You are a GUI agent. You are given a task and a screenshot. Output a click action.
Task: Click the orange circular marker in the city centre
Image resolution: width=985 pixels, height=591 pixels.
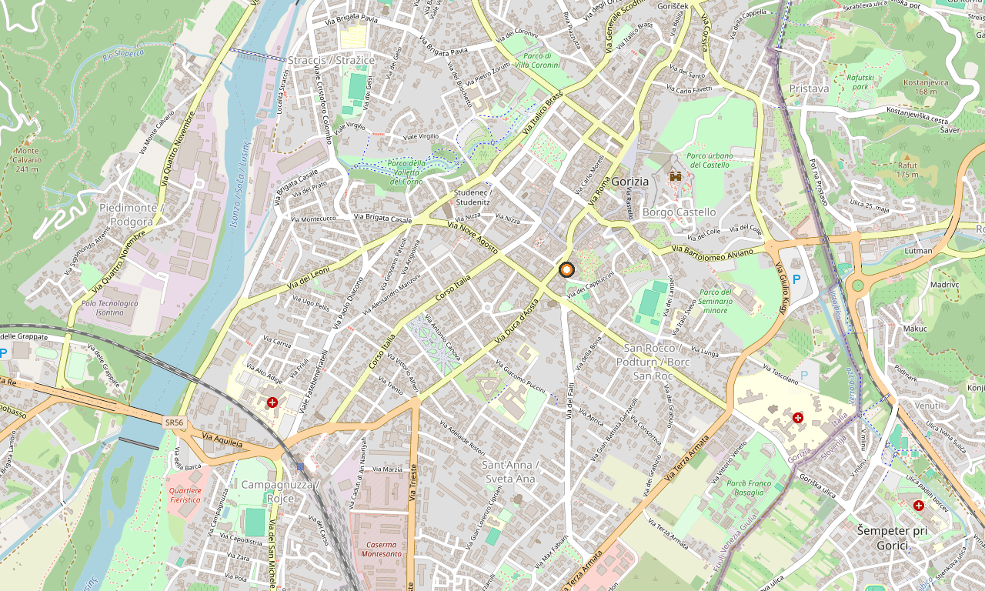coord(566,269)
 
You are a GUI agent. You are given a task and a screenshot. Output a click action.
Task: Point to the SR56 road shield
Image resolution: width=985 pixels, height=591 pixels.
coord(174,422)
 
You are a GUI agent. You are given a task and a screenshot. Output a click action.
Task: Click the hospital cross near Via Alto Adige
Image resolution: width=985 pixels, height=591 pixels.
coord(272,402)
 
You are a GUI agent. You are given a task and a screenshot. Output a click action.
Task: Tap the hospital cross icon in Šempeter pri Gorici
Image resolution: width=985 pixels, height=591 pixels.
coord(918,506)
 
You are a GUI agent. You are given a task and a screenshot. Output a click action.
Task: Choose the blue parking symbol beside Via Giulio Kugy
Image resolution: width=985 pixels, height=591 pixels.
coord(796,279)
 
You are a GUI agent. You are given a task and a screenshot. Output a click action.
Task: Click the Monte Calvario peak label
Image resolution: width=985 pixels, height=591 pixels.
coord(26,159)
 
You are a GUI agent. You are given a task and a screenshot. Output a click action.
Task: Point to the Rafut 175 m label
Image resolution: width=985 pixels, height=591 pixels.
coord(907,170)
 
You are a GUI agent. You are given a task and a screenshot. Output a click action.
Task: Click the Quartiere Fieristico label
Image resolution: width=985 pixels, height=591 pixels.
coord(185,495)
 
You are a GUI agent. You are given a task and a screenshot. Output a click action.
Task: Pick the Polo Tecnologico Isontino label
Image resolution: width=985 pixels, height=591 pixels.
coord(109,308)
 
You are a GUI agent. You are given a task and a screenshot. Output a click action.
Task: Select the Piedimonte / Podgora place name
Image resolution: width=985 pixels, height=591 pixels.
coord(128,215)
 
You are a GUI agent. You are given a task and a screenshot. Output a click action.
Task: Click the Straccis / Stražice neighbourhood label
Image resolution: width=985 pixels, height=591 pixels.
coord(331,60)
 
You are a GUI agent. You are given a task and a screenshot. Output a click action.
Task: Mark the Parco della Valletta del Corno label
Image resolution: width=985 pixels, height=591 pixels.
coord(406,172)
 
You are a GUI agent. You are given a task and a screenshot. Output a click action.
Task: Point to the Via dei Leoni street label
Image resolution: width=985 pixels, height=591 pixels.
coord(309,279)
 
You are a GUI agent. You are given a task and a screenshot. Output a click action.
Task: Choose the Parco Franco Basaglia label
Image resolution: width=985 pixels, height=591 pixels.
coord(749,488)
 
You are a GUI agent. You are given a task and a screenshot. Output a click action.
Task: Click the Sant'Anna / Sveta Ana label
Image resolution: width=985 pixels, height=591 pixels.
coord(508,471)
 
